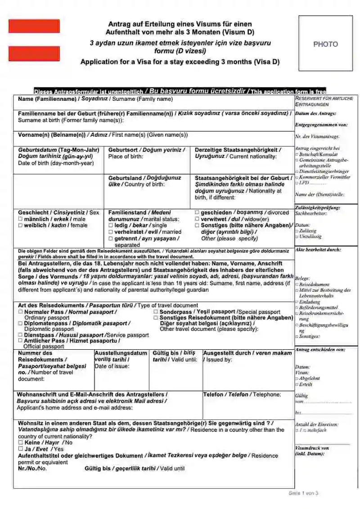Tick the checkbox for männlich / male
[x=20, y=219]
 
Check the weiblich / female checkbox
[x=20, y=225]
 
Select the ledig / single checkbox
[x=111, y=225]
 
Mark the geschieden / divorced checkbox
[x=197, y=212]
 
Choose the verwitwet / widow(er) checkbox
[x=197, y=219]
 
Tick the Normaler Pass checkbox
[x=20, y=312]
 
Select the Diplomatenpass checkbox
[x=20, y=324]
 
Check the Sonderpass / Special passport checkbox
[x=156, y=312]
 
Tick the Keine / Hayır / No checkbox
[x=20, y=442]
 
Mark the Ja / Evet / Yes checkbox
[x=20, y=449]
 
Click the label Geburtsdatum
[x=37, y=150]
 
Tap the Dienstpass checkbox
[x=20, y=335]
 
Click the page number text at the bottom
[x=303, y=493]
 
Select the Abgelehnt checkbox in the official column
[x=297, y=379]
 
